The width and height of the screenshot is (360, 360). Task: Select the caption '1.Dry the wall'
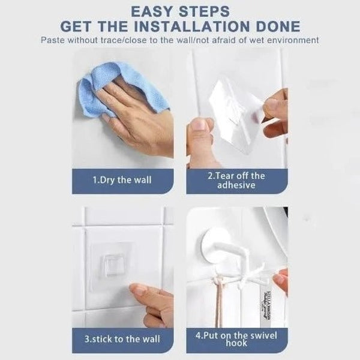[x=122, y=180]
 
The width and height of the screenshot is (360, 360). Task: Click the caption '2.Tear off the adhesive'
[x=236, y=180]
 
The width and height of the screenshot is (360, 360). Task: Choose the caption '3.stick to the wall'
[x=122, y=339]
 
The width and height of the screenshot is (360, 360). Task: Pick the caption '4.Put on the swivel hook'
[x=236, y=339]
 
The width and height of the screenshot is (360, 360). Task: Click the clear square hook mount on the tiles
[x=110, y=263]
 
